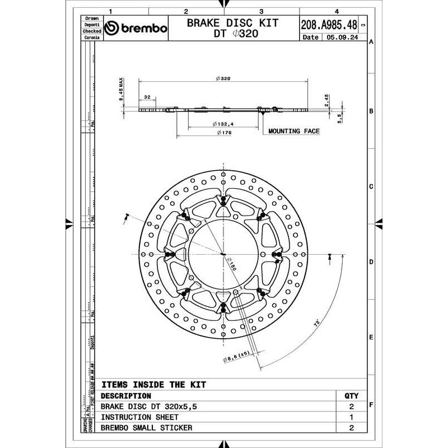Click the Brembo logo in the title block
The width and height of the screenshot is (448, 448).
[x=136, y=29]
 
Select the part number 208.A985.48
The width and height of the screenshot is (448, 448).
[x=329, y=25]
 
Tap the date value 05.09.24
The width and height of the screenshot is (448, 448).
[x=344, y=38]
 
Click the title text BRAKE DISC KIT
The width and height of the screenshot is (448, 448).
[x=232, y=23]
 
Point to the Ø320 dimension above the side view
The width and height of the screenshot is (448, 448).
[x=222, y=79]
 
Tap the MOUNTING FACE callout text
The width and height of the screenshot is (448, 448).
[x=293, y=131]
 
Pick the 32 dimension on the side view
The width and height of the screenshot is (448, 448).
[x=148, y=97]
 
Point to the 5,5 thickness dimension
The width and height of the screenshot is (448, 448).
[x=339, y=118]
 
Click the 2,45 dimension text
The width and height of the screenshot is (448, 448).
[x=327, y=101]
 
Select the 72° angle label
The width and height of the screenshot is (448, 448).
[x=317, y=324]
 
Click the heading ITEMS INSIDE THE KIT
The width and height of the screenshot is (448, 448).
[x=153, y=385]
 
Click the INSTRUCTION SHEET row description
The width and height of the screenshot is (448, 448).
[x=139, y=417]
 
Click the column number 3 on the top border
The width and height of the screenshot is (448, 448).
[x=262, y=11]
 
